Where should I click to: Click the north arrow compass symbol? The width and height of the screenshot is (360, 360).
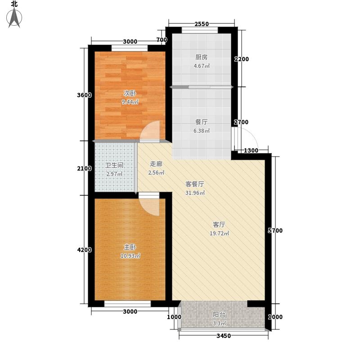click(14, 18)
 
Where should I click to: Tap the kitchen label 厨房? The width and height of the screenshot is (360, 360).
click(201, 57)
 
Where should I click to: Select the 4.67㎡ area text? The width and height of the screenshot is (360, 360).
click(202, 66)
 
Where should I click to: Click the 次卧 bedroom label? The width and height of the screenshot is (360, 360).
click(130, 93)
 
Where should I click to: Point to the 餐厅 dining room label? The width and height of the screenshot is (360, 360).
click(201, 122)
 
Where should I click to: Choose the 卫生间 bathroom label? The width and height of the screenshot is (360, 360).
click(114, 165)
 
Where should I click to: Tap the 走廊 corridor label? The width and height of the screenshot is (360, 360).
click(156, 164)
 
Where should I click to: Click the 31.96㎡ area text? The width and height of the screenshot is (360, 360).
click(195, 193)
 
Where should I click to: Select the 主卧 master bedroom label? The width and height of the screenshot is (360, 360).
click(130, 247)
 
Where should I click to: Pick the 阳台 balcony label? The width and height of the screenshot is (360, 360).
click(219, 314)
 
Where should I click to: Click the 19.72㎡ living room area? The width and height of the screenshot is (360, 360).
click(219, 234)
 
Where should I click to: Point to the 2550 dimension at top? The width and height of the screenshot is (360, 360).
click(202, 24)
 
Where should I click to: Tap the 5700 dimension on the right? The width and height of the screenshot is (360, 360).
click(275, 230)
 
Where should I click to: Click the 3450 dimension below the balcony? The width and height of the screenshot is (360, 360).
click(224, 336)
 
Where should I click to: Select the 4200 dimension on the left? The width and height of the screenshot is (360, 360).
click(85, 250)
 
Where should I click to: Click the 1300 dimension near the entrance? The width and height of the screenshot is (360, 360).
click(251, 151)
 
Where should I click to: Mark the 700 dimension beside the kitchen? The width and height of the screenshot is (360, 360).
click(162, 40)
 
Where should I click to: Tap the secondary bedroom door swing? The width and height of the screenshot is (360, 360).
click(150, 131)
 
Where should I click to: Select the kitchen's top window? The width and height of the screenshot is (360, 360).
click(200, 30)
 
